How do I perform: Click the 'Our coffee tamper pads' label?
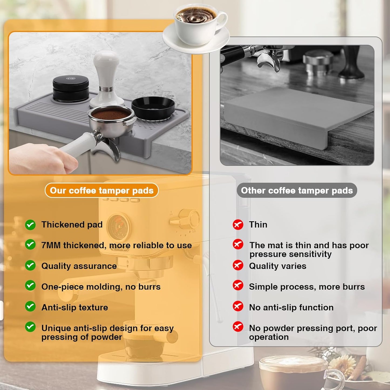101,191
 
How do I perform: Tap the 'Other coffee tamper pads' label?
297,191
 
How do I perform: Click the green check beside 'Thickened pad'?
30,225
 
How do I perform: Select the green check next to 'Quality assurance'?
30,266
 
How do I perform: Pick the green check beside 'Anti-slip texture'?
30,307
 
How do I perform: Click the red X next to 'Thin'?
238,224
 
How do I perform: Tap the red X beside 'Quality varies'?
238,265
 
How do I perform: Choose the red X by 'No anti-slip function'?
238,307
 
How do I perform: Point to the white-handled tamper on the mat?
107,78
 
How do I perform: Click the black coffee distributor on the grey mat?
71,88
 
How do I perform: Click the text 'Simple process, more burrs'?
307,287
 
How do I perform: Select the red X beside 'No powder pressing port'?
238,327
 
